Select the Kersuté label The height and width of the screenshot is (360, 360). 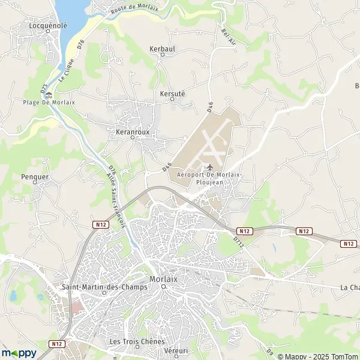click(173, 94)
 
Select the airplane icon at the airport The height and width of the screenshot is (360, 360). click(209, 167)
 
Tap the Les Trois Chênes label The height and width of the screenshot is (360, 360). click(137, 341)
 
